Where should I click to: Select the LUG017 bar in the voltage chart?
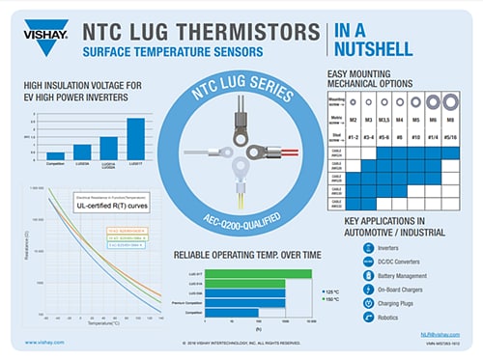click(136, 137)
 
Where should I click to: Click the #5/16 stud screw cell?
click(449, 138)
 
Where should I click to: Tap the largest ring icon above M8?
click(450, 100)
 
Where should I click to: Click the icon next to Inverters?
click(368, 246)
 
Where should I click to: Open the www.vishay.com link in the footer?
click(45, 343)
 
